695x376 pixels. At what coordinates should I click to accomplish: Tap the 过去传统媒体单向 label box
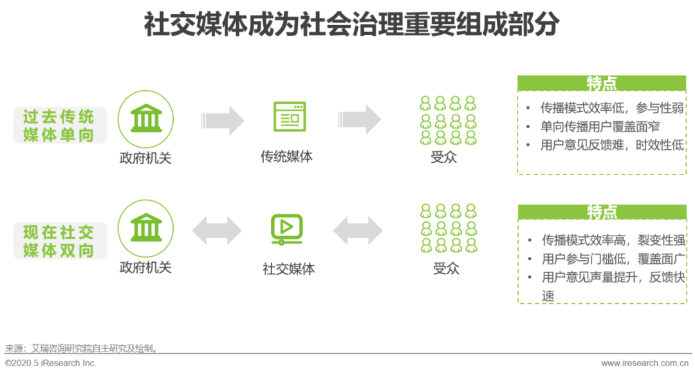click(x=59, y=125)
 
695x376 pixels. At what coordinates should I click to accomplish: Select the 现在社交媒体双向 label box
click(x=59, y=241)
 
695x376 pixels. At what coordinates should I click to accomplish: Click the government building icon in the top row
click(x=146, y=119)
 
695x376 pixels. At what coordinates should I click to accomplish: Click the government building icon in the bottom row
click(x=146, y=228)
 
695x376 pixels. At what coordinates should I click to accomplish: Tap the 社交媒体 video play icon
click(x=287, y=229)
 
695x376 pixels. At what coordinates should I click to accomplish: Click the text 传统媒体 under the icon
click(x=286, y=156)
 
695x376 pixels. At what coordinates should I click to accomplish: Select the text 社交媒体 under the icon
click(x=288, y=268)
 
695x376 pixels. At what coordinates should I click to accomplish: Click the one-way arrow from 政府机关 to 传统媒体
click(x=223, y=120)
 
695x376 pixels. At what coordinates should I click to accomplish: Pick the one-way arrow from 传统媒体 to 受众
click(x=359, y=120)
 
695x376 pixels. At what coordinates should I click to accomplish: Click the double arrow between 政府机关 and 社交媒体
click(x=217, y=230)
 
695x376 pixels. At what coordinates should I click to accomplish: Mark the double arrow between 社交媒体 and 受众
click(x=358, y=230)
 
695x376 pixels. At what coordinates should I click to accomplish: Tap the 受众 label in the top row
click(x=444, y=157)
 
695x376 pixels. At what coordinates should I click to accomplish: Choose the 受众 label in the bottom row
click(x=446, y=268)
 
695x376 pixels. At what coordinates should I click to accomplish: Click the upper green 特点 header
click(x=602, y=84)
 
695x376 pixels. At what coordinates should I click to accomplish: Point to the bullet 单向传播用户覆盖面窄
click(x=600, y=126)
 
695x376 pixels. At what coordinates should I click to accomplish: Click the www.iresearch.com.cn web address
click(x=647, y=363)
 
